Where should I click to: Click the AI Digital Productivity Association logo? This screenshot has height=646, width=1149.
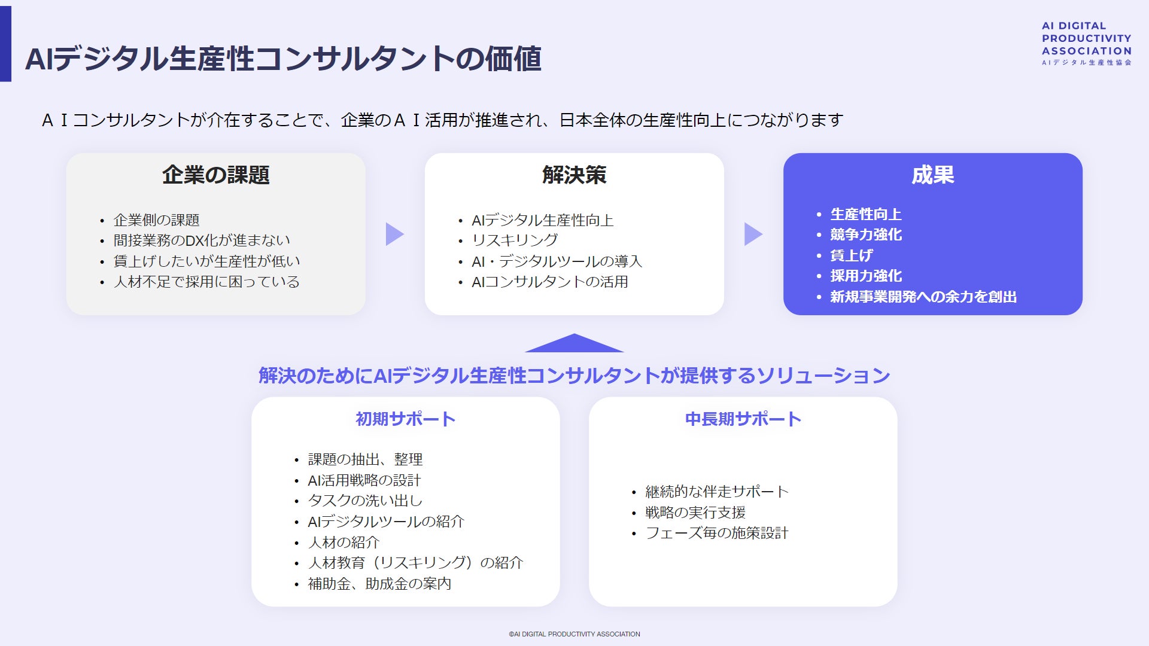(x=1086, y=43)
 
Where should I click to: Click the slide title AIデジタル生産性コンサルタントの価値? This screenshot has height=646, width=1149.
(x=283, y=59)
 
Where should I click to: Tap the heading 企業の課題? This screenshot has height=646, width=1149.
(x=215, y=175)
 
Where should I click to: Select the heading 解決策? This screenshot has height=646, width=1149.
(x=574, y=175)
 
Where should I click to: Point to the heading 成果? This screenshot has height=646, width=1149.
(x=932, y=175)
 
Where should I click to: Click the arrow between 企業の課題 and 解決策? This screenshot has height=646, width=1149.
(x=394, y=234)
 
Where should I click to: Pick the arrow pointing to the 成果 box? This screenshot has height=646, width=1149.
(x=753, y=234)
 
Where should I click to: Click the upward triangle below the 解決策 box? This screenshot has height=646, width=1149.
(x=574, y=344)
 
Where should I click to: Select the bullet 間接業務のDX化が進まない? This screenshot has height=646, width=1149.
(x=202, y=240)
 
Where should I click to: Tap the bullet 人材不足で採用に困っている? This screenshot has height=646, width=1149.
(x=206, y=282)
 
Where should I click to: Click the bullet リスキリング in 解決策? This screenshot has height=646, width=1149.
(x=515, y=240)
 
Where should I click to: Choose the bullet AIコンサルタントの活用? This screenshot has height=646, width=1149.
(x=549, y=282)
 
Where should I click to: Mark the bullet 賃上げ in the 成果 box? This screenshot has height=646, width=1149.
(x=851, y=255)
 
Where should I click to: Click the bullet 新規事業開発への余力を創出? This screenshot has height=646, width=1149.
(x=923, y=297)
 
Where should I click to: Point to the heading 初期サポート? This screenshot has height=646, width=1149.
(x=405, y=419)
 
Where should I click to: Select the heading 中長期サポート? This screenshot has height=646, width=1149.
(x=743, y=419)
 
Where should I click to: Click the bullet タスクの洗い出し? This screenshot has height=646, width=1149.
(x=365, y=501)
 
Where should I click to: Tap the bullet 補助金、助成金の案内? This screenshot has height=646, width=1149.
(x=379, y=584)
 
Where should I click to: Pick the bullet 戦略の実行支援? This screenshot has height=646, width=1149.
(x=695, y=513)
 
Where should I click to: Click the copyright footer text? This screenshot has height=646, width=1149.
(x=574, y=634)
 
